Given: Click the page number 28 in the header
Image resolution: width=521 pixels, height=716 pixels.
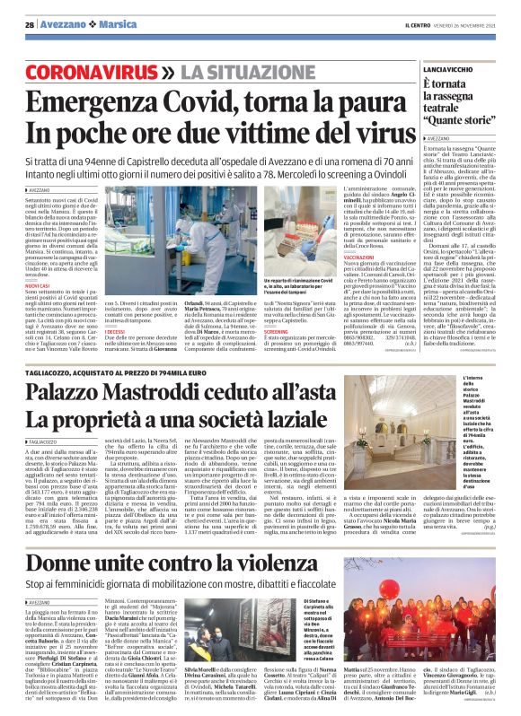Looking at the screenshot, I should click(29, 25).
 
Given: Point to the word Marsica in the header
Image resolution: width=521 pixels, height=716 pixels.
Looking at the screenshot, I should click(108, 25).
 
